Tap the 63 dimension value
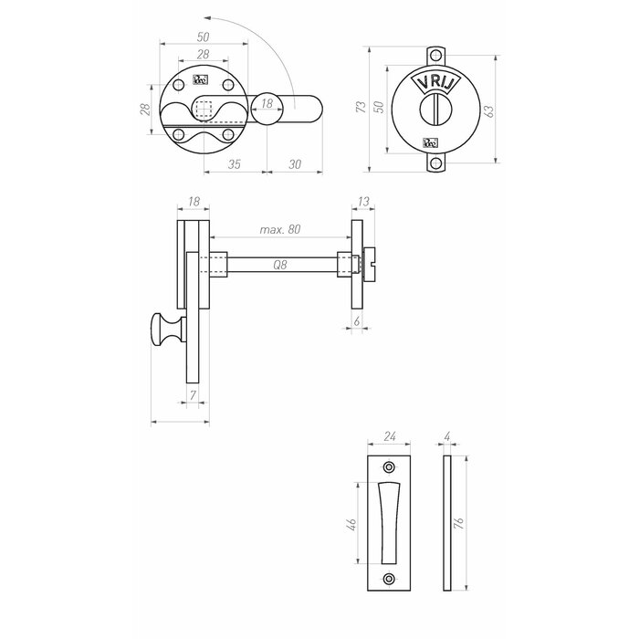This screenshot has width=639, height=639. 489,110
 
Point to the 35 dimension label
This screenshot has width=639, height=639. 234,164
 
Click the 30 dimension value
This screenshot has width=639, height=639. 295,164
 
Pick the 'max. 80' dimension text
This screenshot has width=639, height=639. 279,229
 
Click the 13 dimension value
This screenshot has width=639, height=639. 364,202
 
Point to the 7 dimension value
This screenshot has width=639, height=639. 193,395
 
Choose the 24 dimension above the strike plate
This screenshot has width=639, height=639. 390,437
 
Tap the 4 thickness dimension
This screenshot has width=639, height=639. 446,437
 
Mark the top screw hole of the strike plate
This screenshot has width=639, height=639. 390,466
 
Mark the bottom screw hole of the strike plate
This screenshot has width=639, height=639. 390,578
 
